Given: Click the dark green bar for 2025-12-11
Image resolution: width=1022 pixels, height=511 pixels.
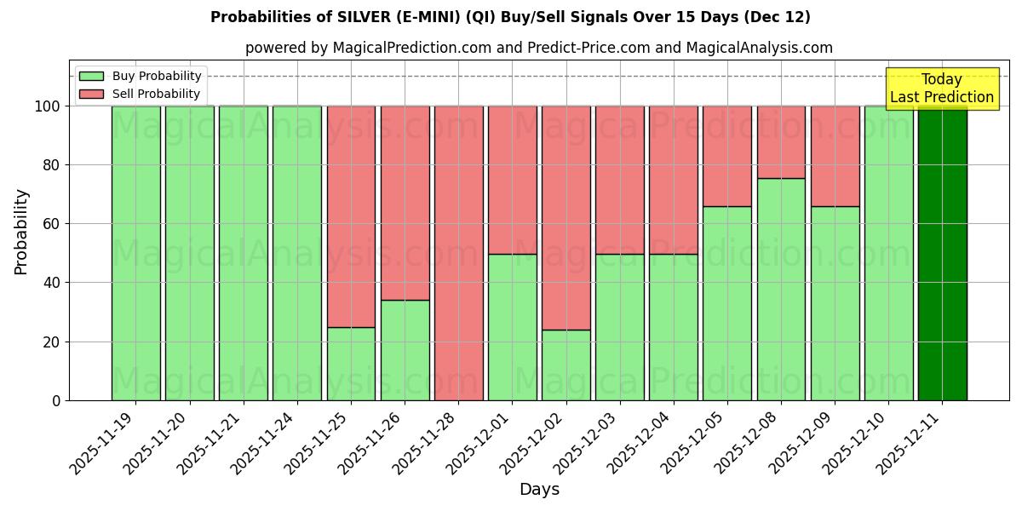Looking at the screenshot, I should pos(942,253).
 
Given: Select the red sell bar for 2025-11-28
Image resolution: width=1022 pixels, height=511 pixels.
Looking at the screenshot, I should pos(458,253).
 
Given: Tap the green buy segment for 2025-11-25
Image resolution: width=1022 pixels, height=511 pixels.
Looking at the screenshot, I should pos(351,364).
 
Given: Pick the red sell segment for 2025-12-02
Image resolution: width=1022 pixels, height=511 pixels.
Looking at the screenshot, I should pos(566,217).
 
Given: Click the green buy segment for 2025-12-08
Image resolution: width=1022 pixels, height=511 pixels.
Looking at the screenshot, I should pos(781,290).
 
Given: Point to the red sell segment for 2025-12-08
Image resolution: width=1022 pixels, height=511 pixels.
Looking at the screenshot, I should pos(781,142).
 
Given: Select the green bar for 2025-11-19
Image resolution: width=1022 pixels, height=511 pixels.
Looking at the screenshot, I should pos(135,253).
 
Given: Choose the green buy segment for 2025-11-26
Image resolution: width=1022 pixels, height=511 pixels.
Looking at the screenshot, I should pos(405,350).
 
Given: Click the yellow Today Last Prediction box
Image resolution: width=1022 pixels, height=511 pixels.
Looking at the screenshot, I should pos(941,89).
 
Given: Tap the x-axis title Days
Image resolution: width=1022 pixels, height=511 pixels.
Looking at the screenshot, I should pos(539,490).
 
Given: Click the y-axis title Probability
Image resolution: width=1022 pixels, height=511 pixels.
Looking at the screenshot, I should pos(21,232).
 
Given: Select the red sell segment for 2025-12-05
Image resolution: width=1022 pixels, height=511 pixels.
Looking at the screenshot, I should pos(727,156).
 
